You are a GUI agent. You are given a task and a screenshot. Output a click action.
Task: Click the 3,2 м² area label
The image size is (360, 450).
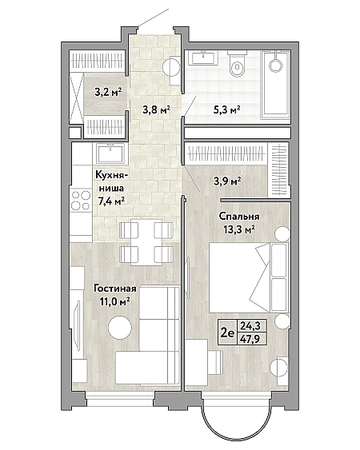[108, 93]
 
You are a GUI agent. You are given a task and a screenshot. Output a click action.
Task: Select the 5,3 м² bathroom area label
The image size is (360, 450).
[226, 110]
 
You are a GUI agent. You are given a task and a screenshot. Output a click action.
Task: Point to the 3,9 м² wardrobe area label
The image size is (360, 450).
[227, 181]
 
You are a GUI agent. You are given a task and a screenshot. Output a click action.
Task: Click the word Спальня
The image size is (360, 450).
[239, 216]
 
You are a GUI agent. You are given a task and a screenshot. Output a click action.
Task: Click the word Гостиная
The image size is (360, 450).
[115, 289]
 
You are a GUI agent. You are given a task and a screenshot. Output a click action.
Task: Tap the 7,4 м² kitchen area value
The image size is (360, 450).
[111, 201]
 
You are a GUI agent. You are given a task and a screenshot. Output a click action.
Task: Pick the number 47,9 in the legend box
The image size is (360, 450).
[250, 339]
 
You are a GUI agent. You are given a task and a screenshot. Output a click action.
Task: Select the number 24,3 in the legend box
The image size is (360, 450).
[250, 326]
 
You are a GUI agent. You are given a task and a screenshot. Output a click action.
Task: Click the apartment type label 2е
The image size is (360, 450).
[227, 333]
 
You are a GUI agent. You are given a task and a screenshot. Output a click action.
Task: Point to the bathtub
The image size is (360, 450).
[276, 85]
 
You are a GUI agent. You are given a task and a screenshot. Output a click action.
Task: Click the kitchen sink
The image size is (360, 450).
[110, 153]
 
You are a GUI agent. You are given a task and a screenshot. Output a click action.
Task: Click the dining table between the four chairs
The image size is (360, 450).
[146, 242]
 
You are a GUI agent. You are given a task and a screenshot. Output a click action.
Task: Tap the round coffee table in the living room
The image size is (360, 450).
[120, 328]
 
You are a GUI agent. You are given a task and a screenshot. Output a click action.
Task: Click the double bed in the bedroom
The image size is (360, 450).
[249, 277]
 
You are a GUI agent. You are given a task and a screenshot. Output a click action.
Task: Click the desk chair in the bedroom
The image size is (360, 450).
[215, 362]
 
